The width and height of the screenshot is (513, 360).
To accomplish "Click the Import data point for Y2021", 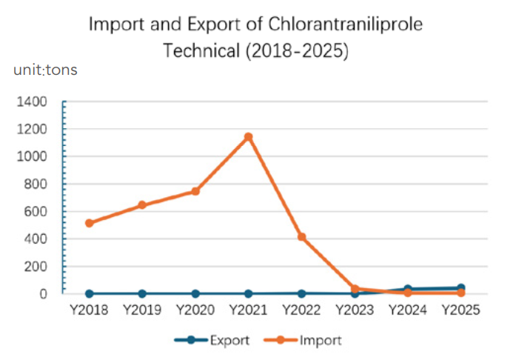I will [x=249, y=137].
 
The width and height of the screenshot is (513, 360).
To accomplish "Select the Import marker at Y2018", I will [x=90, y=223].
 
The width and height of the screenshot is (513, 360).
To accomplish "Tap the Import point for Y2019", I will [x=142, y=205].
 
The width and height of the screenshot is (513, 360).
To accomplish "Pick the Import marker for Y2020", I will [x=195, y=191].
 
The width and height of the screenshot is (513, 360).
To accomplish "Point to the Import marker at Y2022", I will [x=302, y=237].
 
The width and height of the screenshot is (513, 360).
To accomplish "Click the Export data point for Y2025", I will [x=461, y=288].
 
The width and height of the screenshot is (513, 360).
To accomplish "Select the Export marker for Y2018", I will [x=90, y=294].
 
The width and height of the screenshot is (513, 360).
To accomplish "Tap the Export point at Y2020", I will [x=195, y=294].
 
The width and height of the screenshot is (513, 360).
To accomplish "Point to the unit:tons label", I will [x=45, y=70].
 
